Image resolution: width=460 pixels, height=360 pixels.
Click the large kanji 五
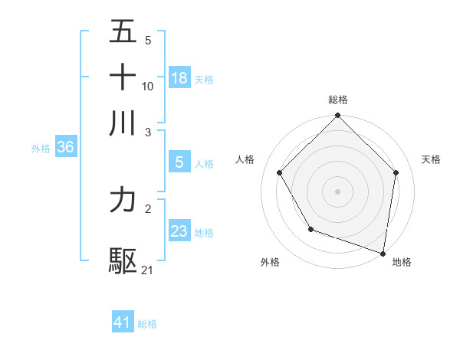(x=123, y=31)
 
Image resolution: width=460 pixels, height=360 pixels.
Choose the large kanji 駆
(x=123, y=261)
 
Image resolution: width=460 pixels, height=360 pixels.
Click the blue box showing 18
(x=179, y=78)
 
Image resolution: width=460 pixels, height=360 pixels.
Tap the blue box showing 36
(x=65, y=148)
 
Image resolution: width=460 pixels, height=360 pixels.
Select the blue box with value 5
(x=179, y=162)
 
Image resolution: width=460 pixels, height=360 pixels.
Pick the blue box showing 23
(x=179, y=231)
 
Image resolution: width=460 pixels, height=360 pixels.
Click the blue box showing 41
(x=123, y=323)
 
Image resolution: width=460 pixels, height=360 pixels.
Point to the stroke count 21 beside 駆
(x=148, y=270)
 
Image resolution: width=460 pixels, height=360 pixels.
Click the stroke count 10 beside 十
(x=148, y=86)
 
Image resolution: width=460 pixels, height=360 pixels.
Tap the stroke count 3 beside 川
(x=148, y=132)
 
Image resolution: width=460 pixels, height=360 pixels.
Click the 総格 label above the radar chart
(x=338, y=100)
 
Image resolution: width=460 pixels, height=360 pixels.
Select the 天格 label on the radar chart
(x=431, y=159)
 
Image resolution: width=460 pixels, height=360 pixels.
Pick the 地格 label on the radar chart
(x=402, y=262)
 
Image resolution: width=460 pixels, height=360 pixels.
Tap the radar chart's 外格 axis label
(x=270, y=262)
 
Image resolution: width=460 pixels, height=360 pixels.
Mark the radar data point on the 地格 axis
(x=383, y=252)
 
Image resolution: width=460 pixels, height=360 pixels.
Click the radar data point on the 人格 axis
(x=280, y=172)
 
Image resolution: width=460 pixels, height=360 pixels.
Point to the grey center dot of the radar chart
(x=338, y=191)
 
